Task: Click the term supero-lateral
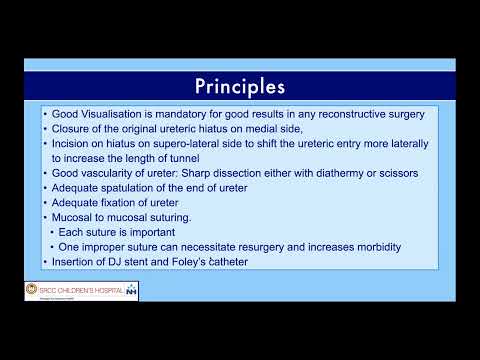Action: pos(179,144)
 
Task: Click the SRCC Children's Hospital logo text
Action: pos(74,289)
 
